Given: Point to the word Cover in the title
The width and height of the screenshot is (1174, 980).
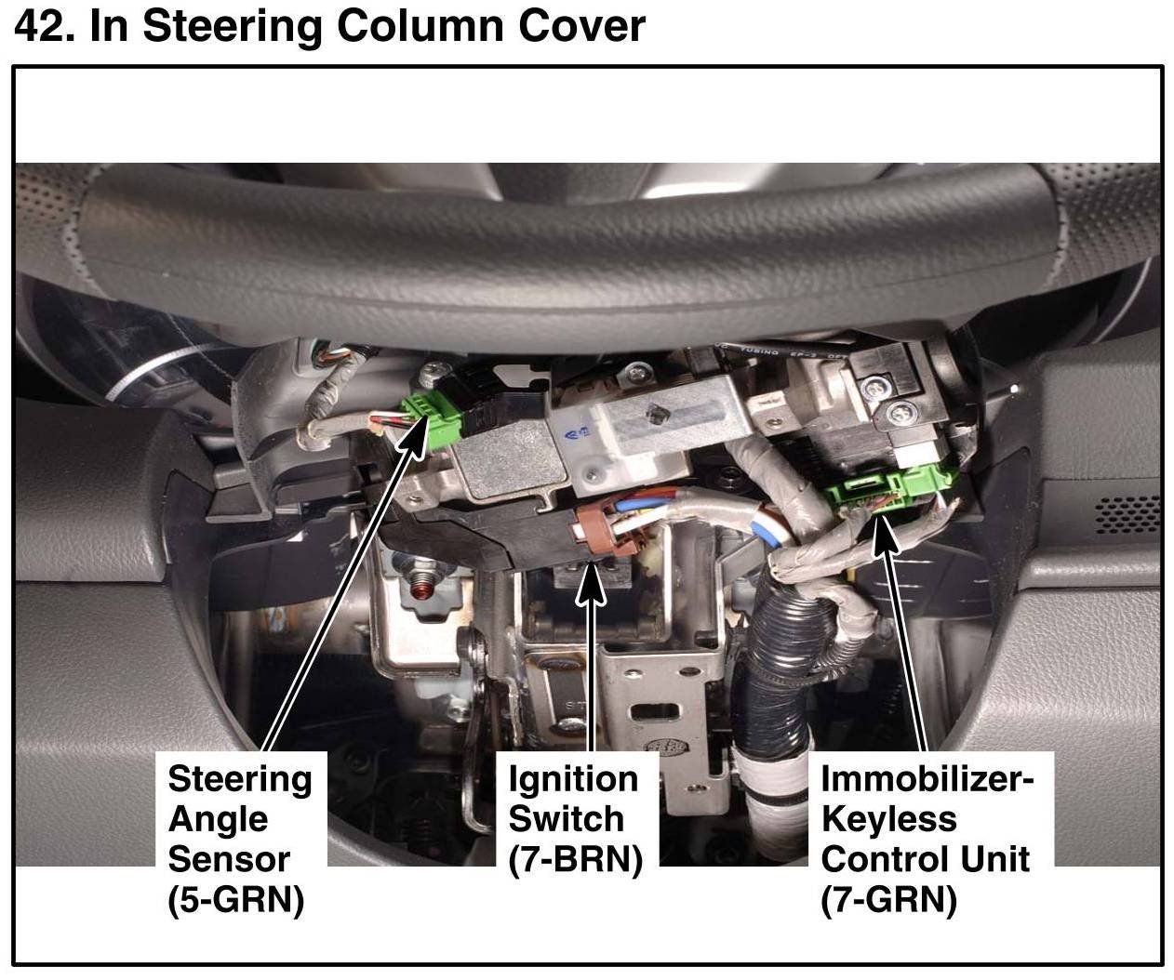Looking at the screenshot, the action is point(581,26).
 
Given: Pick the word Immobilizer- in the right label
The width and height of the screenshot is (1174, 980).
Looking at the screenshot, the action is point(927,779).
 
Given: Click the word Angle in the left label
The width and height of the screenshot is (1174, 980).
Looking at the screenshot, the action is point(218,819).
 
